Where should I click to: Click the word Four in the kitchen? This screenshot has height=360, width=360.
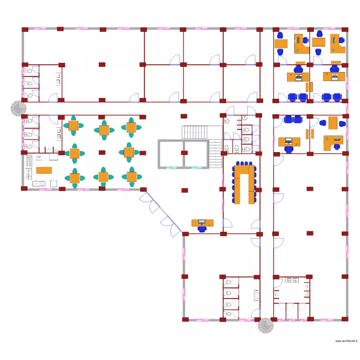pos(38,156)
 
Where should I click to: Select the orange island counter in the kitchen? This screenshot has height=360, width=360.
pos(44,169)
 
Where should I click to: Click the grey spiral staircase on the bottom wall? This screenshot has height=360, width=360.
pos(265,326)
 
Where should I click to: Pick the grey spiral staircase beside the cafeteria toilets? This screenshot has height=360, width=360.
pos(19,108)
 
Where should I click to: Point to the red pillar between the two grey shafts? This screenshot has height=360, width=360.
pos(184,154)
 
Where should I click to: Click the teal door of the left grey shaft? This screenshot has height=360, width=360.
pos(170,168)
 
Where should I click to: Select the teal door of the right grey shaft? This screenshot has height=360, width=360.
pos(196,168)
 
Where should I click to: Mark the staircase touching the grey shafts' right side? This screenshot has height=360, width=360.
pos(216,153)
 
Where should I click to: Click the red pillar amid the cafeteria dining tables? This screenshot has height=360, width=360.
pos(102,152)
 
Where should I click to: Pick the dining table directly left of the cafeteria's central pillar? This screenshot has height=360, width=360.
pos(74,153)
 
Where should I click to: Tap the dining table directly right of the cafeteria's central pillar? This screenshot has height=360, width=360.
pos(129,152)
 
